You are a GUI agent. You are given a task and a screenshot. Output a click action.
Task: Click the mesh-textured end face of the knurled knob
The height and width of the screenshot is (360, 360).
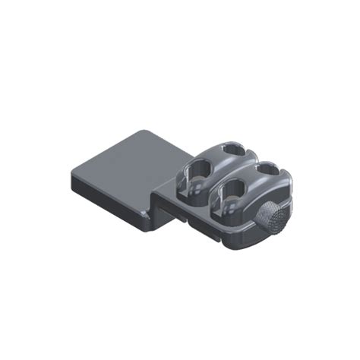pos(276,220)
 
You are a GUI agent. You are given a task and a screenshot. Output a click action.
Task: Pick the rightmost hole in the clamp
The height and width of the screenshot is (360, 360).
pos(264,174)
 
